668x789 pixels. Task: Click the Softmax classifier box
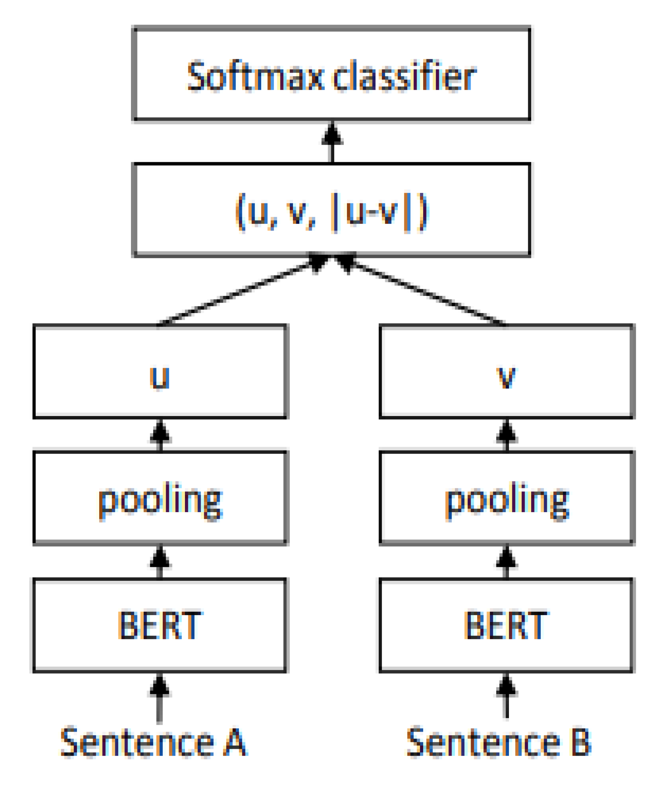331,74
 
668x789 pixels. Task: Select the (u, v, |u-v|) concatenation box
331,210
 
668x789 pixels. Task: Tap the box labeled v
507,371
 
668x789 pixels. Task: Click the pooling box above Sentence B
507,498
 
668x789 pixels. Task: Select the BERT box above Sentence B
507,625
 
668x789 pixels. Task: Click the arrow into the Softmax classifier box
332,142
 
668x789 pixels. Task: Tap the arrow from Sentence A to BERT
160,698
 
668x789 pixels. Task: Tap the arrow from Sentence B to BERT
507,696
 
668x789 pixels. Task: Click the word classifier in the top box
405,76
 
